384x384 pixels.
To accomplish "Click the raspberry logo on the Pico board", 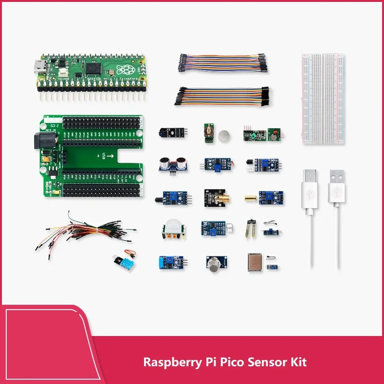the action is click(126, 70).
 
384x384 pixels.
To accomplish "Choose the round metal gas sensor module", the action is click(214, 263).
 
